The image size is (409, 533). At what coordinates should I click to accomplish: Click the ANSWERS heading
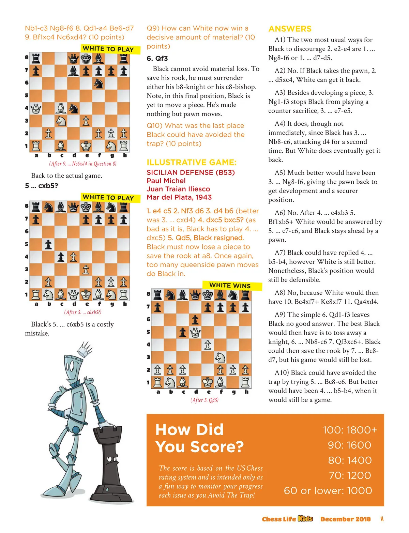pyautogui.click(x=290, y=29)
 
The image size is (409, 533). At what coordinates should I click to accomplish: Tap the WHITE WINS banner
pyautogui.click(x=230, y=286)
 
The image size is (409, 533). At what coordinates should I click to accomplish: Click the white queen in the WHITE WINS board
pyautogui.click(x=195, y=332)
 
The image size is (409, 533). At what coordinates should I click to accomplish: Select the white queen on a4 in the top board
pyautogui.click(x=36, y=109)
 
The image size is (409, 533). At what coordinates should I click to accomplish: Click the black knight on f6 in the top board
pyautogui.click(x=99, y=83)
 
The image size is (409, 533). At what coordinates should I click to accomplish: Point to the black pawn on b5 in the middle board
pyautogui.click(x=48, y=244)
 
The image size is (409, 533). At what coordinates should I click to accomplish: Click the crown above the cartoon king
pyautogui.click(x=85, y=349)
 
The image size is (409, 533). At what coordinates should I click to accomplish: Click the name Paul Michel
pyautogui.click(x=166, y=181)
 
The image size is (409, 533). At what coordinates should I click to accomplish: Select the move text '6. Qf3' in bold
pyautogui.click(x=157, y=58)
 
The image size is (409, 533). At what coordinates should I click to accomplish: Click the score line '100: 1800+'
pyautogui.click(x=350, y=430)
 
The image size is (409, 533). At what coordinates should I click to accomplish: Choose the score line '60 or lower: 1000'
pyautogui.click(x=328, y=490)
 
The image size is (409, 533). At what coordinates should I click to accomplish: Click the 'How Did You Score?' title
pyautogui.click(x=199, y=438)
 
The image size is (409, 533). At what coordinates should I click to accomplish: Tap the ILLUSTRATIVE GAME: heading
pyautogui.click(x=191, y=162)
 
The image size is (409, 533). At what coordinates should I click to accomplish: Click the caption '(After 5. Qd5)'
pyautogui.click(x=204, y=400)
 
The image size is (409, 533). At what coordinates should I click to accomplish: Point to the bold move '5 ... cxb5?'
pyautogui.click(x=41, y=186)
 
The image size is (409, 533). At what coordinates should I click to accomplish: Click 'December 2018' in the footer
pyautogui.click(x=345, y=519)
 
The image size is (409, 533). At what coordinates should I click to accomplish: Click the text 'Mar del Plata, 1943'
pyautogui.click(x=179, y=197)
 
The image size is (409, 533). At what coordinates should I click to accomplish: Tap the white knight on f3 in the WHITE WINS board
pyautogui.click(x=220, y=357)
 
